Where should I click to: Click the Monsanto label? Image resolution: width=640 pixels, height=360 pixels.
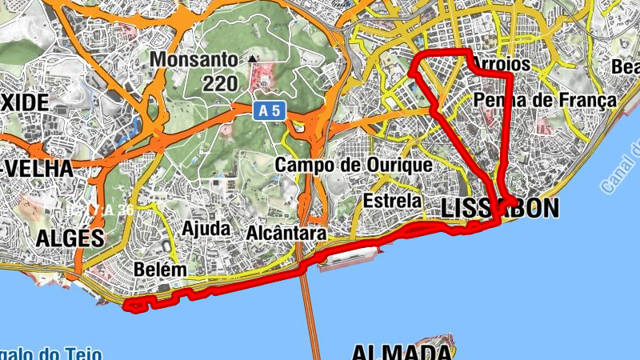click(x=194, y=60)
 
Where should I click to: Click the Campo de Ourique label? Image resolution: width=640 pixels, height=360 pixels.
click(x=353, y=165)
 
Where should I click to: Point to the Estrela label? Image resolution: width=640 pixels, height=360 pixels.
click(x=391, y=199)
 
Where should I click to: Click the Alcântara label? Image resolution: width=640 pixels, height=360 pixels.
click(x=286, y=234)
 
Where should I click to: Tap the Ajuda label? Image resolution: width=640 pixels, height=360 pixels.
click(x=206, y=229)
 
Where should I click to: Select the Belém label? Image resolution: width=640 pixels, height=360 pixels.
click(x=161, y=270)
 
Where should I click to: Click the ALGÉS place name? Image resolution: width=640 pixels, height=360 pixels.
click(x=70, y=238)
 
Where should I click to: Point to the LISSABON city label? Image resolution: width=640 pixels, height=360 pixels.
click(x=500, y=209)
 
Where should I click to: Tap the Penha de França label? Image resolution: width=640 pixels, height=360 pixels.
click(x=545, y=100)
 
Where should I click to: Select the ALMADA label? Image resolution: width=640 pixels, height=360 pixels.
click(x=400, y=353)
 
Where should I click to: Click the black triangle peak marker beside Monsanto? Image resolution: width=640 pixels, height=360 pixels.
click(x=254, y=58)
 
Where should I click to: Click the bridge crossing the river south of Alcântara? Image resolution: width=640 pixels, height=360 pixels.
click(x=308, y=312)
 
